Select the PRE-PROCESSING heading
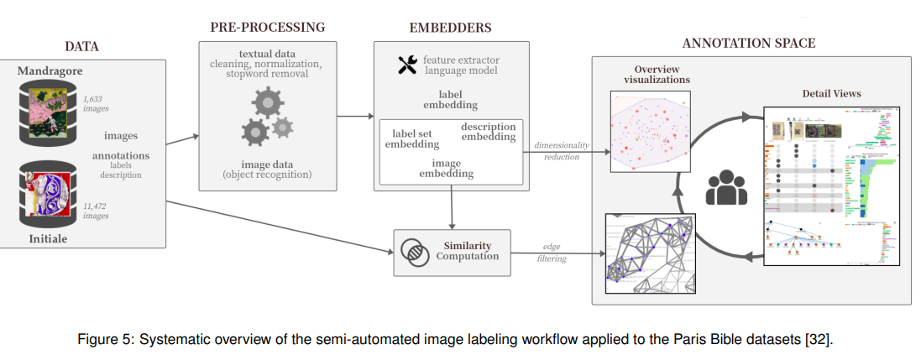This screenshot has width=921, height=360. click(x=268, y=27)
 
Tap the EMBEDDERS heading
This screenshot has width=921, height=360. click(x=450, y=27)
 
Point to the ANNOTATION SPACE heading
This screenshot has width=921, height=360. click(x=748, y=43)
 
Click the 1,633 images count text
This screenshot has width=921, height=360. click(x=95, y=103)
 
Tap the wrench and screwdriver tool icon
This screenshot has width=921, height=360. click(x=407, y=65)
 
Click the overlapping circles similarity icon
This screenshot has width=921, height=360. click(x=413, y=250)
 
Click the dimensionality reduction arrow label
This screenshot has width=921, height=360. click(x=562, y=151)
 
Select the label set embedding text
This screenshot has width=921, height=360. click(x=412, y=138)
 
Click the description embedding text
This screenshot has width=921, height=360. click(x=488, y=132)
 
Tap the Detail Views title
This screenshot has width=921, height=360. click(x=831, y=93)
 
